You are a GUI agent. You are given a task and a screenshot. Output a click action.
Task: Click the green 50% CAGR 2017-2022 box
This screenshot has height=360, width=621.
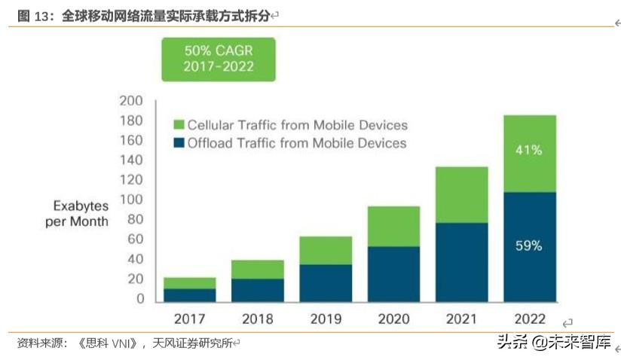point(219,59)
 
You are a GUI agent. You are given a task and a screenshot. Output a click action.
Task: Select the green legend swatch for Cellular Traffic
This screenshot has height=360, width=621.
point(179,125)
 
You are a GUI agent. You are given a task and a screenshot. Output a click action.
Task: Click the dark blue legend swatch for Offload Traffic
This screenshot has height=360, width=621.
point(179,142)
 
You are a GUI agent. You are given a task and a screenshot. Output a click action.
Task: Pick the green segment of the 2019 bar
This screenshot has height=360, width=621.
point(325,250)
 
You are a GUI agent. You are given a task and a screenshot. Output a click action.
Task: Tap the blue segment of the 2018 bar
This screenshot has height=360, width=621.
point(257,290)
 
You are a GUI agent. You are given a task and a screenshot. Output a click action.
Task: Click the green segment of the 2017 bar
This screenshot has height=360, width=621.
point(189,283)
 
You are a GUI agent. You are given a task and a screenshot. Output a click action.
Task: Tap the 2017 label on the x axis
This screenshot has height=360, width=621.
point(189,318)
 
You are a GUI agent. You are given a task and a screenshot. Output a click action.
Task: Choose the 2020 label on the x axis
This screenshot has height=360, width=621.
point(393,318)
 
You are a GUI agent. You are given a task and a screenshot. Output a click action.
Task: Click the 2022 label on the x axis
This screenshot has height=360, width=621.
point(529,318)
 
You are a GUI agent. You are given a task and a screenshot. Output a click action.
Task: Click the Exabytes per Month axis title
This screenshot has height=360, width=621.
point(81,213)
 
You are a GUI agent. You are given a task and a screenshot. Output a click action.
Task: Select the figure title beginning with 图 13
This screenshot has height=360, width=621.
point(143,15)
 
